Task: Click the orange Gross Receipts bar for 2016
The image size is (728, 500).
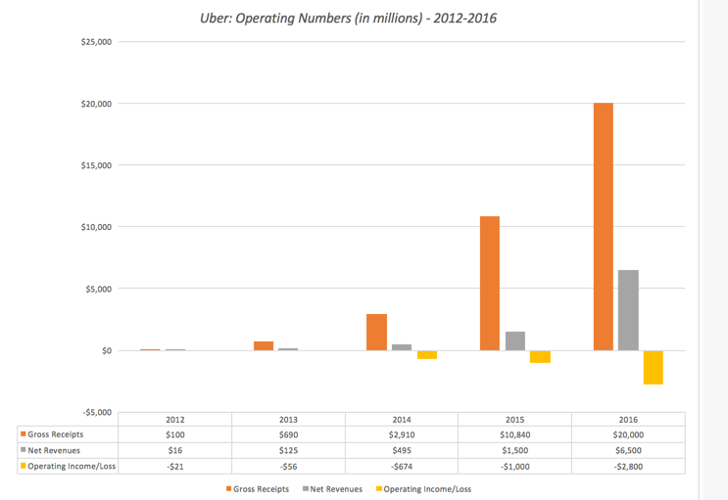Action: coord(603,226)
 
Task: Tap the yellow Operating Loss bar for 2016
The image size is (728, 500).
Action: coord(654,367)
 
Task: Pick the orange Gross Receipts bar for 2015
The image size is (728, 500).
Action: coord(490,283)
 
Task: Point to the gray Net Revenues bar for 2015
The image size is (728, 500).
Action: coord(515,341)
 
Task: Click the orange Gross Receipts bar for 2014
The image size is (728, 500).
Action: coord(376,332)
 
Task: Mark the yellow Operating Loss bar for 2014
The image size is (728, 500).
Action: coord(427,355)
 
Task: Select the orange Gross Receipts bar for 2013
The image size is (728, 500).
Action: coord(263,345)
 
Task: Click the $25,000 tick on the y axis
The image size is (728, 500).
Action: coord(97,42)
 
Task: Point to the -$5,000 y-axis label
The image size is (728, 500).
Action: coord(97,412)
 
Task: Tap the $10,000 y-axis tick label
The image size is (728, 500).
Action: coord(97,227)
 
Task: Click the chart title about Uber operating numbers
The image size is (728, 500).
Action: coord(348,17)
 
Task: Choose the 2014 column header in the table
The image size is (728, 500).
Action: coord(402,419)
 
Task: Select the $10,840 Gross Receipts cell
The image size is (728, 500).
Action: coord(515,434)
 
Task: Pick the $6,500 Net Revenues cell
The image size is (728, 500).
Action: coord(628,450)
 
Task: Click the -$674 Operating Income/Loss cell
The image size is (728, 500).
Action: coord(402,466)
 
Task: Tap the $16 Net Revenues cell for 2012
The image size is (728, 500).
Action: coord(175,450)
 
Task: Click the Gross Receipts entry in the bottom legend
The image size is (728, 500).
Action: coord(260,488)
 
